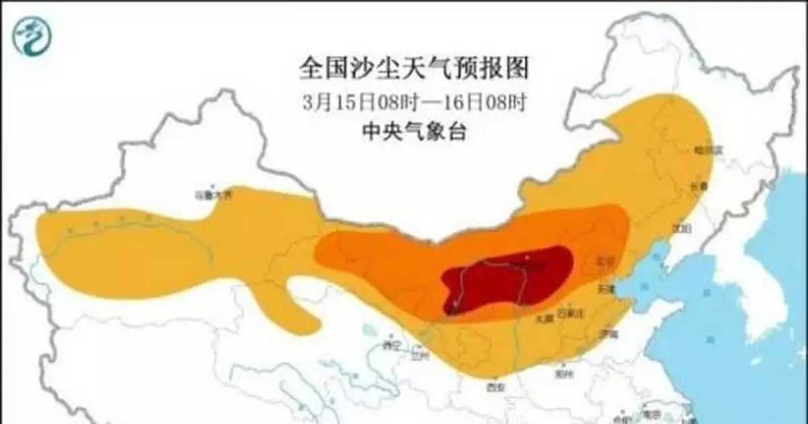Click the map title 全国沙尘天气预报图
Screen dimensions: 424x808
pyautogui.click(x=413, y=68)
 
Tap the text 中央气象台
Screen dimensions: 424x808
pyautogui.click(x=413, y=132)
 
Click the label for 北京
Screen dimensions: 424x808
pyautogui.click(x=605, y=260)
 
